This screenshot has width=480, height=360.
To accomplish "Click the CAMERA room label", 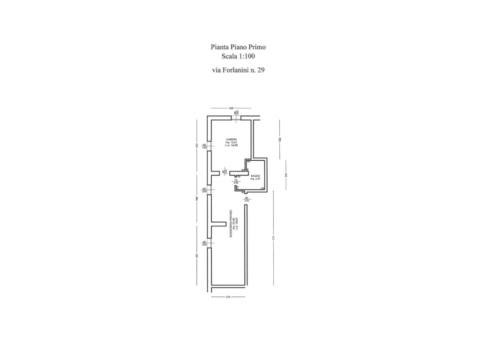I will pos(231,140).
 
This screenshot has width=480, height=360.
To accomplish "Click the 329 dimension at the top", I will pos(231,108).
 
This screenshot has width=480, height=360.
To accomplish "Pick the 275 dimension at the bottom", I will pos(229,297).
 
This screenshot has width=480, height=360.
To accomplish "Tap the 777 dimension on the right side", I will pos(273,238).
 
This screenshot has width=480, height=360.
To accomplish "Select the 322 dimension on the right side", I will pos(279,139).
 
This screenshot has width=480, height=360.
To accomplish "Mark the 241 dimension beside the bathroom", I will pos(285,175).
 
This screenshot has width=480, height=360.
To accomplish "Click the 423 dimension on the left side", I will pos(197,145).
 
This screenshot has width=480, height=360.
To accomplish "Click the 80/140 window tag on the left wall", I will pos(205,146).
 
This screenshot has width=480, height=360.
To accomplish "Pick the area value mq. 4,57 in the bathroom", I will pos(255,179).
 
